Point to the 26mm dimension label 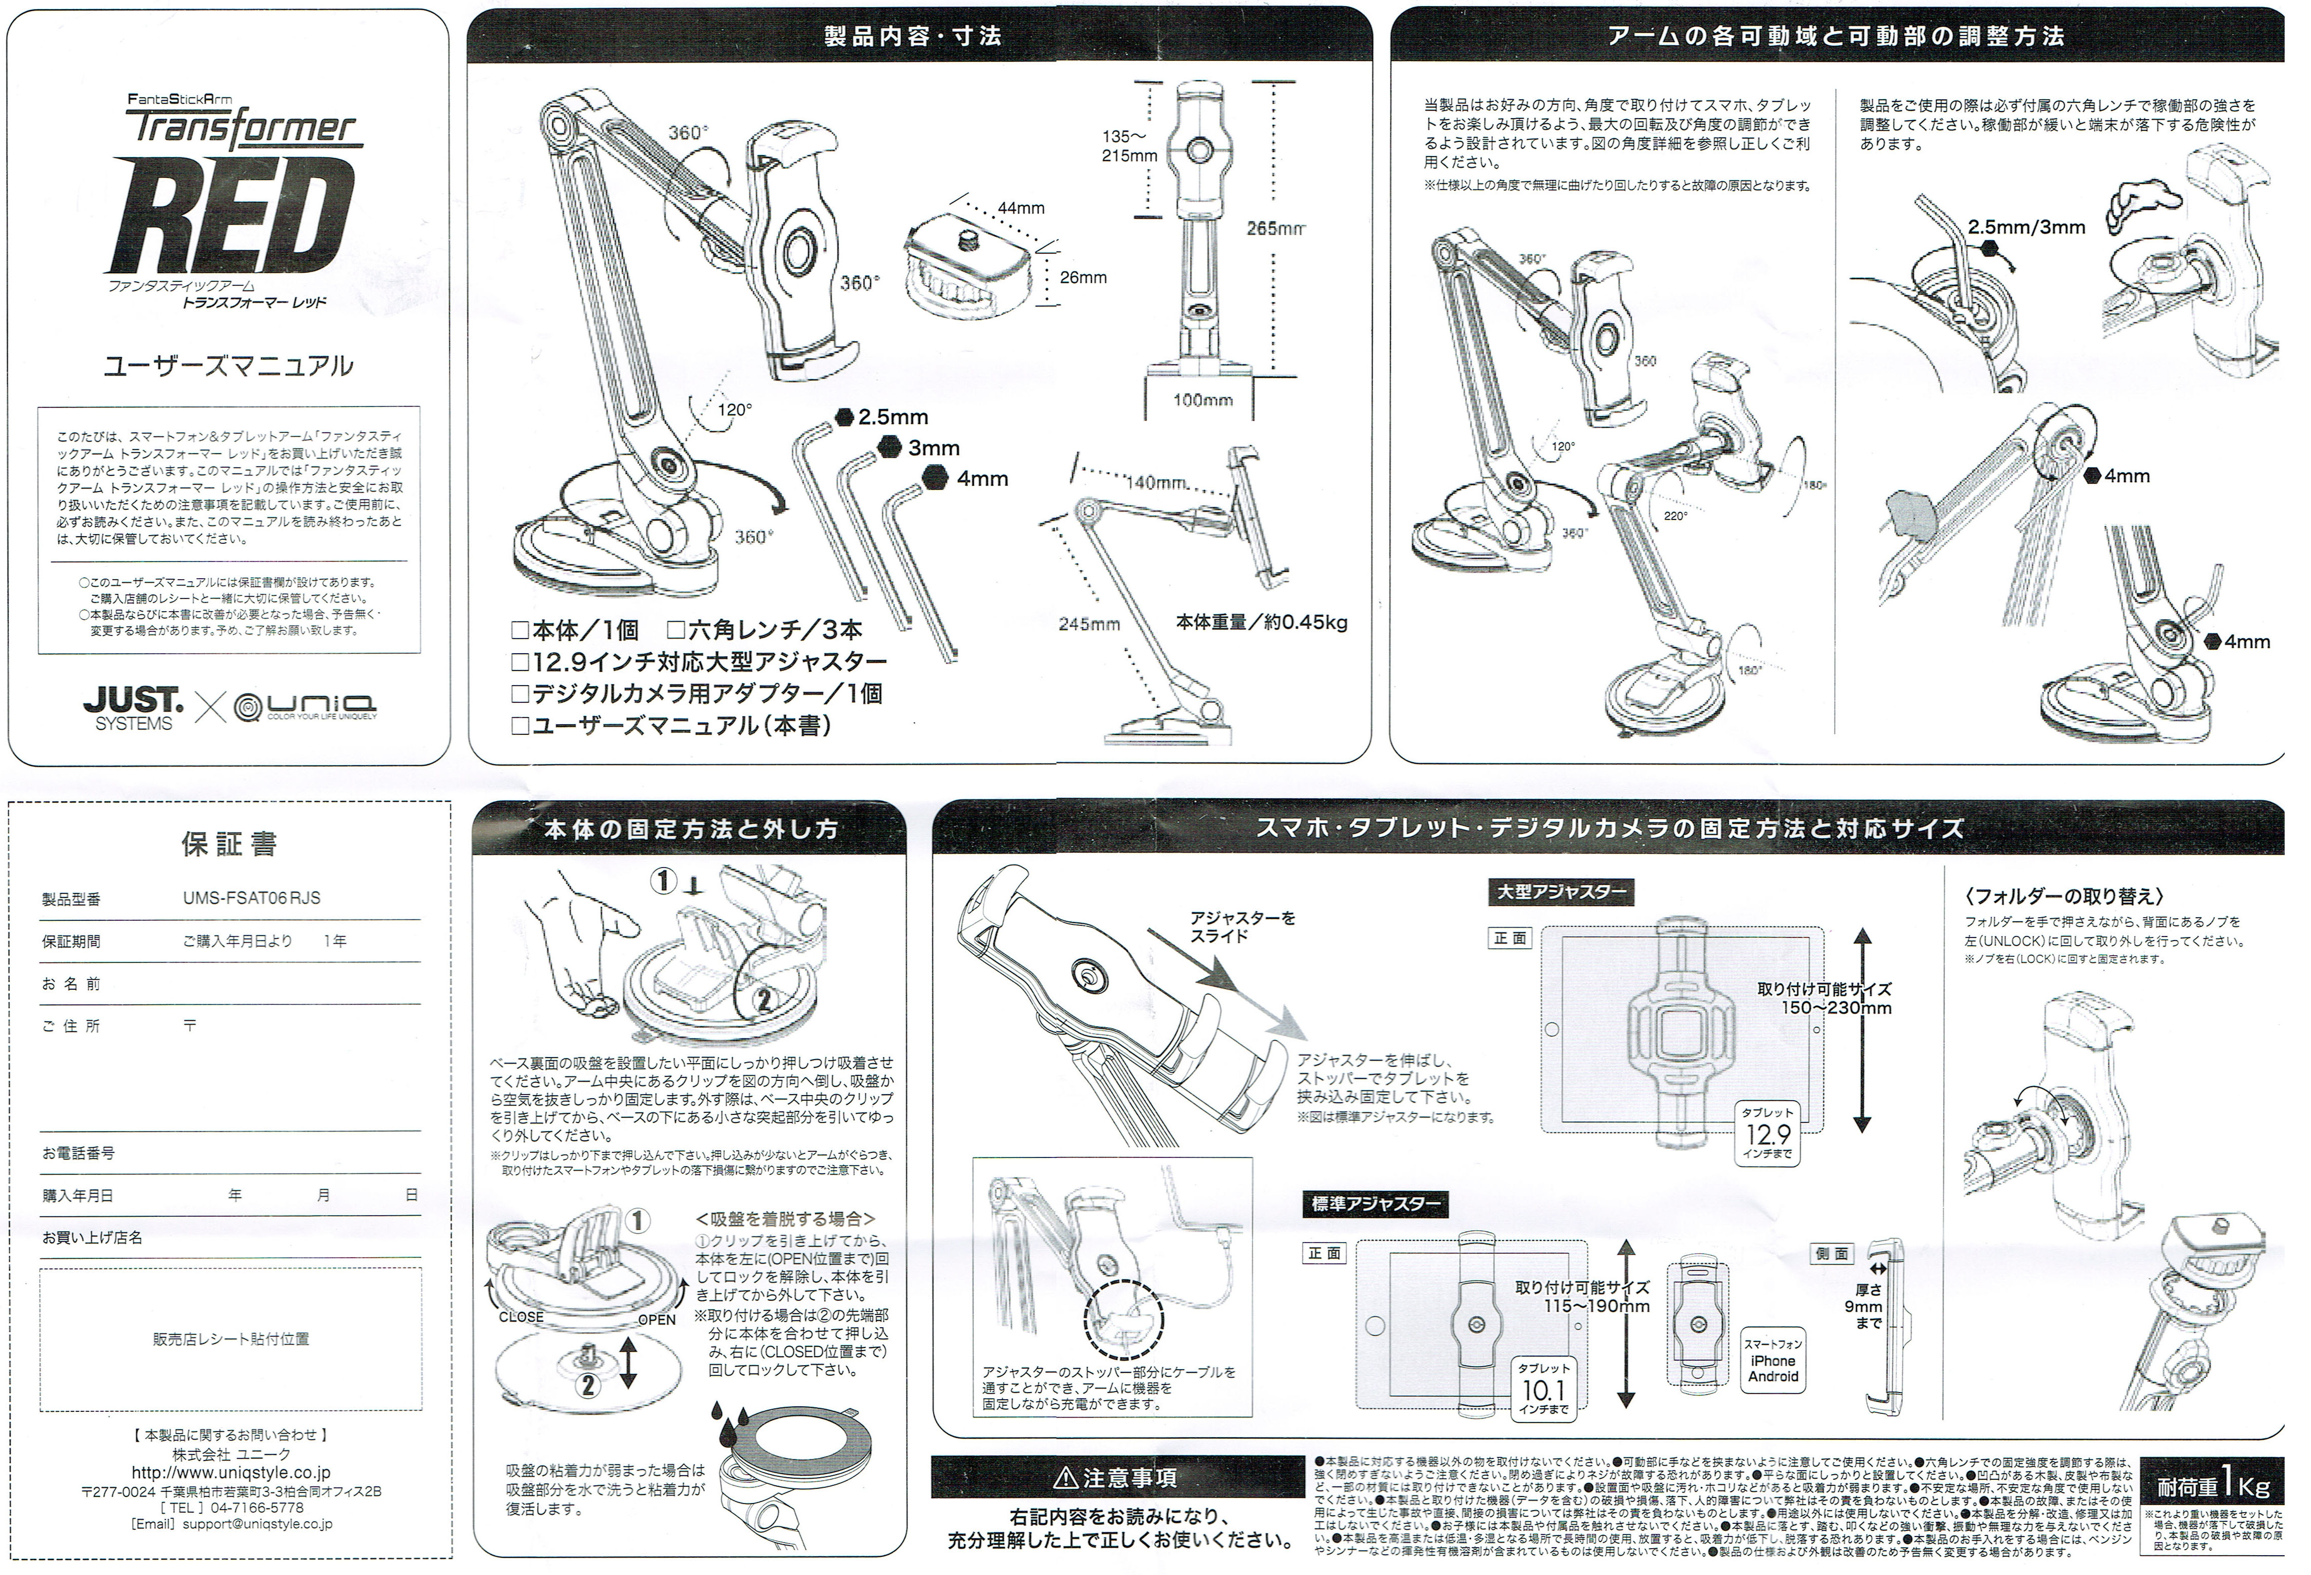point(1082,277)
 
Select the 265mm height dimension point(1275,229)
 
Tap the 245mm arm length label point(1089,624)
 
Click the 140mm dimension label point(1155,483)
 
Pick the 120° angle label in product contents point(735,408)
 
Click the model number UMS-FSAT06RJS point(252,898)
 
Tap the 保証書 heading point(229,844)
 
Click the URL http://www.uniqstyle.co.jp point(231,1473)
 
